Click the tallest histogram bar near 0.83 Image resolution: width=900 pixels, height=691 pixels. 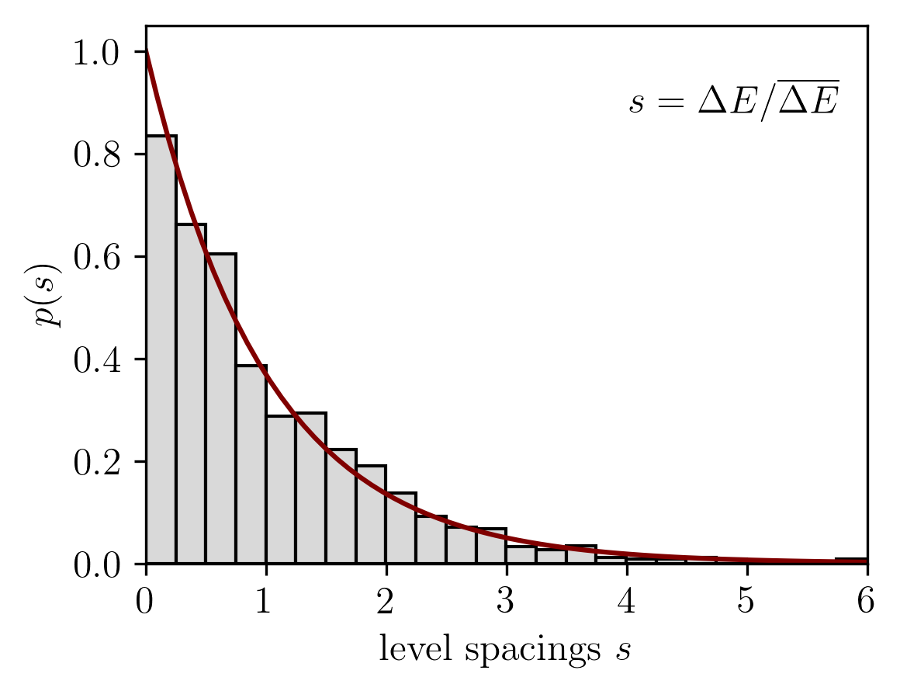click(161, 349)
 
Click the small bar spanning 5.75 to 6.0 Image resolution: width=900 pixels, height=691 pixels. click(852, 561)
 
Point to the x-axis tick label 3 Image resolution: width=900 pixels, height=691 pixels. click(507, 602)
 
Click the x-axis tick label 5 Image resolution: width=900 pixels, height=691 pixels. click(747, 602)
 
